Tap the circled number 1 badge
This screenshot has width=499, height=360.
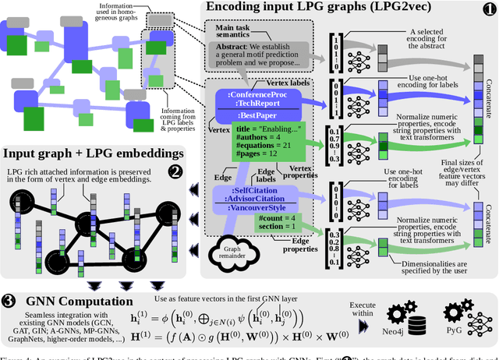click(x=489, y=9)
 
